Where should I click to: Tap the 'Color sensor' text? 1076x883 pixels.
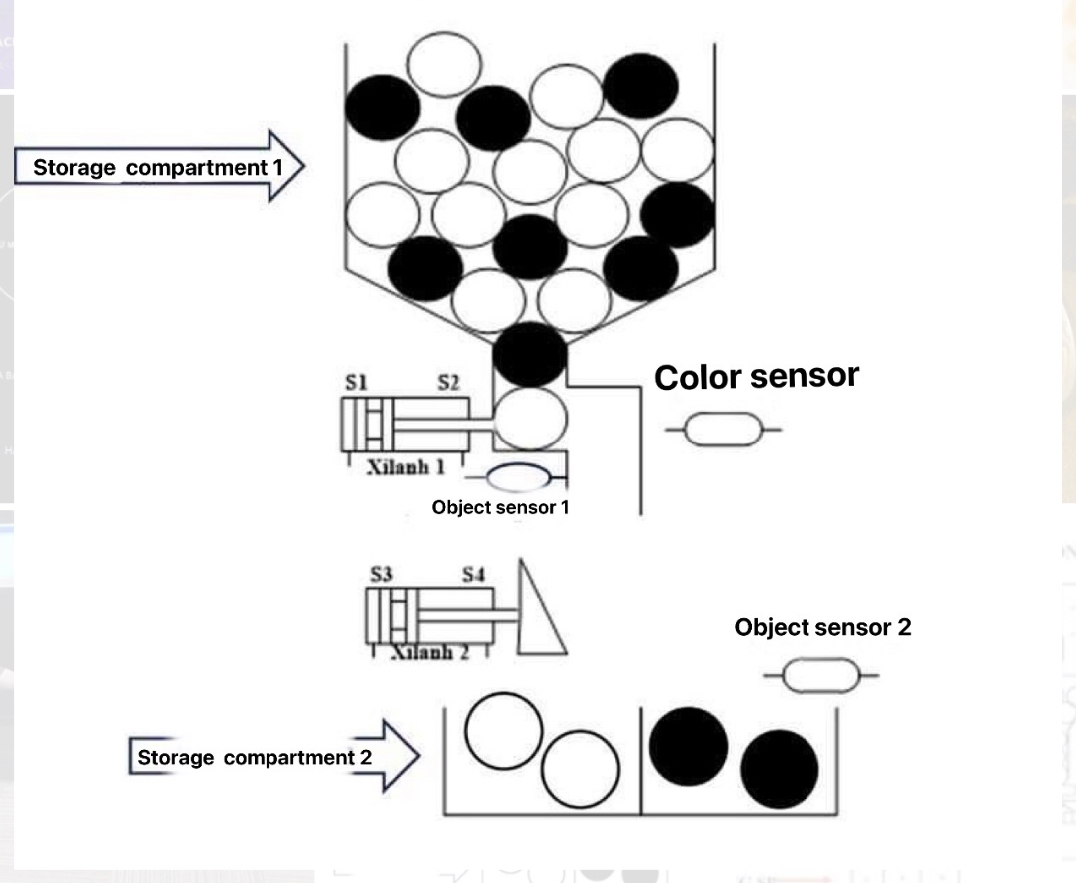[x=756, y=377]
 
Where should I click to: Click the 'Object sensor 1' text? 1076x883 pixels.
[x=500, y=507]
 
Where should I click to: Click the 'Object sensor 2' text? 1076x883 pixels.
[x=822, y=628]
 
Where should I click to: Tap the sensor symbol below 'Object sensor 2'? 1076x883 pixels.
[x=820, y=676]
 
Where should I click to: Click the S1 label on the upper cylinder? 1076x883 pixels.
[x=356, y=383]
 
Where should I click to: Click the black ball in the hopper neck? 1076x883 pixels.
[x=530, y=355]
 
